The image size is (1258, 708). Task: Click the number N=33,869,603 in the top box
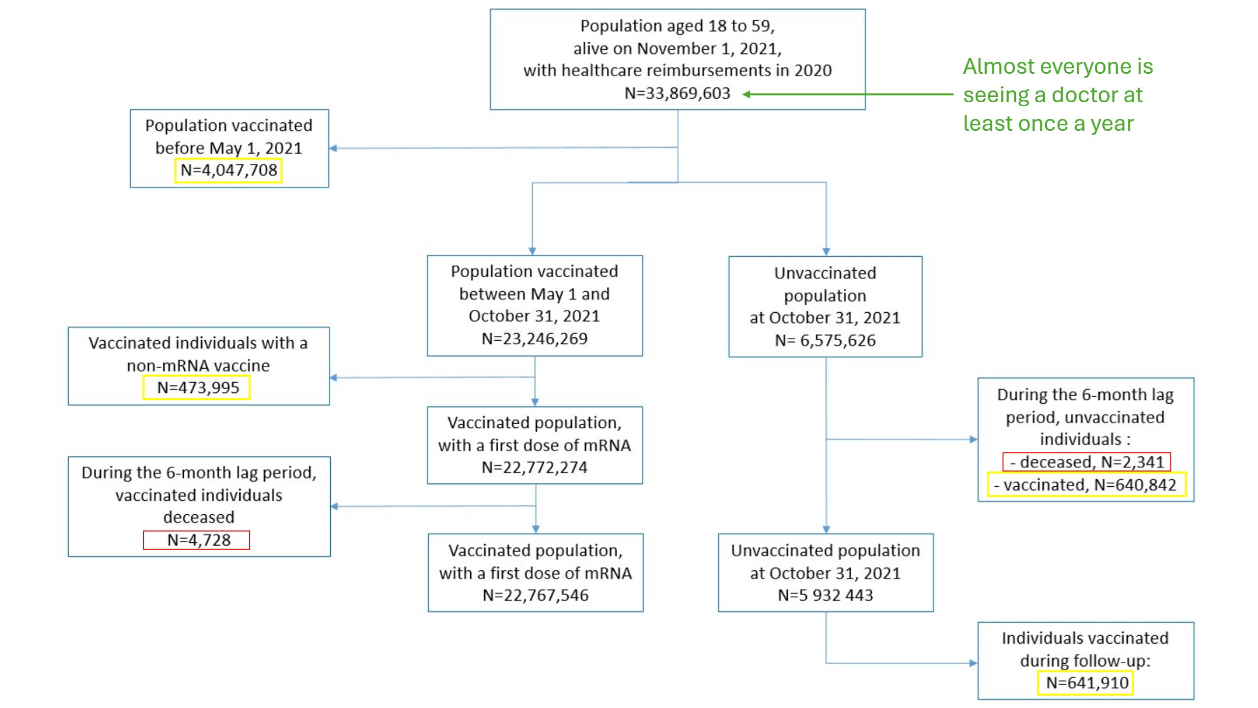[x=677, y=93]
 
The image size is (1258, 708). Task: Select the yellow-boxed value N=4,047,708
[x=229, y=170]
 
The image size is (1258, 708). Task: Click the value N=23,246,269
[x=535, y=338]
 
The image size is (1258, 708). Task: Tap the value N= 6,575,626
[x=825, y=340]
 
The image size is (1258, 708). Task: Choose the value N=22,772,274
[x=535, y=467]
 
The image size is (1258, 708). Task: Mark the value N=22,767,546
[x=536, y=595]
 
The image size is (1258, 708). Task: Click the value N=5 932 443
[x=826, y=595]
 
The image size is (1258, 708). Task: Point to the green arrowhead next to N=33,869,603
[x=746, y=94]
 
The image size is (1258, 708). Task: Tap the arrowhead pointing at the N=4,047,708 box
[x=333, y=148]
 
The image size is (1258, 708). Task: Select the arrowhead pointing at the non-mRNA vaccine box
[x=334, y=378]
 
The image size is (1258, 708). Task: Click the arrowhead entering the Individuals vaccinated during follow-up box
[x=973, y=663]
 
